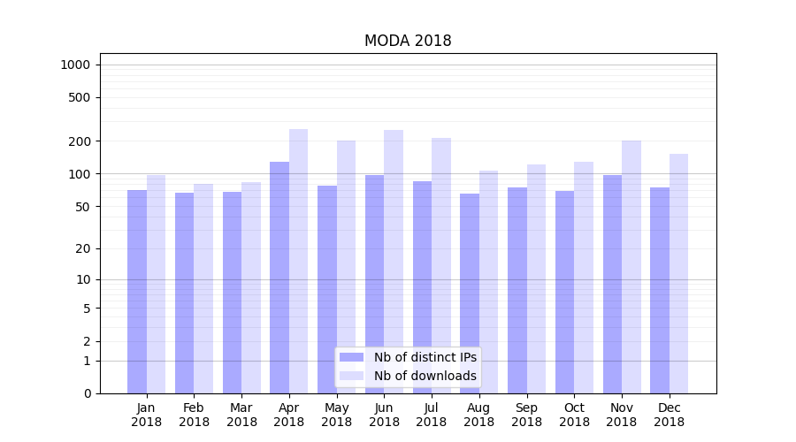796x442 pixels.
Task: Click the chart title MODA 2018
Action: (x=408, y=42)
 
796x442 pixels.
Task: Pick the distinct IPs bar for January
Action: (x=137, y=292)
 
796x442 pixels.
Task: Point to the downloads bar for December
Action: (x=678, y=273)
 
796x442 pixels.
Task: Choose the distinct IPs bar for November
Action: (x=612, y=284)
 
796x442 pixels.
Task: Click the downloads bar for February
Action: (x=203, y=288)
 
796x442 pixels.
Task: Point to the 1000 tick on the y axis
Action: (x=75, y=65)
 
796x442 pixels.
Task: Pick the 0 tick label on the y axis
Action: (x=87, y=393)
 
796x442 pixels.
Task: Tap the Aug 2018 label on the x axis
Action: (x=478, y=415)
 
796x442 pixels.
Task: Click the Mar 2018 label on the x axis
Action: (x=241, y=415)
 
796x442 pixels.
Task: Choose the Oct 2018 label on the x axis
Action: (x=574, y=415)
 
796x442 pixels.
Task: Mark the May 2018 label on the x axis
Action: (x=336, y=415)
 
